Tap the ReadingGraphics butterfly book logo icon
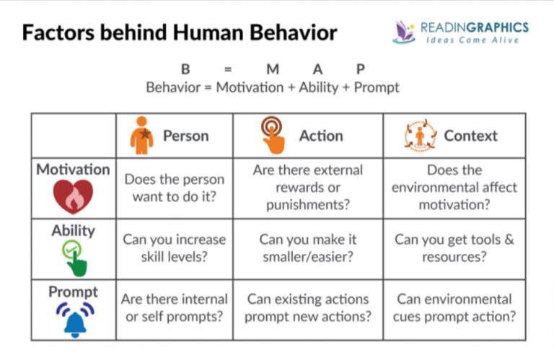(x=406, y=31)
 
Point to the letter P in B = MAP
(x=360, y=70)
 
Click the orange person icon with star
(x=141, y=136)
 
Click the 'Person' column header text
(x=185, y=136)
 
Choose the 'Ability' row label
(x=74, y=231)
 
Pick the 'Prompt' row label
(x=74, y=292)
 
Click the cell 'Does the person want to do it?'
(x=174, y=188)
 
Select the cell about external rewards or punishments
(x=307, y=188)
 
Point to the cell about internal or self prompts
(x=174, y=307)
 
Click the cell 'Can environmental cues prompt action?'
(x=454, y=307)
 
